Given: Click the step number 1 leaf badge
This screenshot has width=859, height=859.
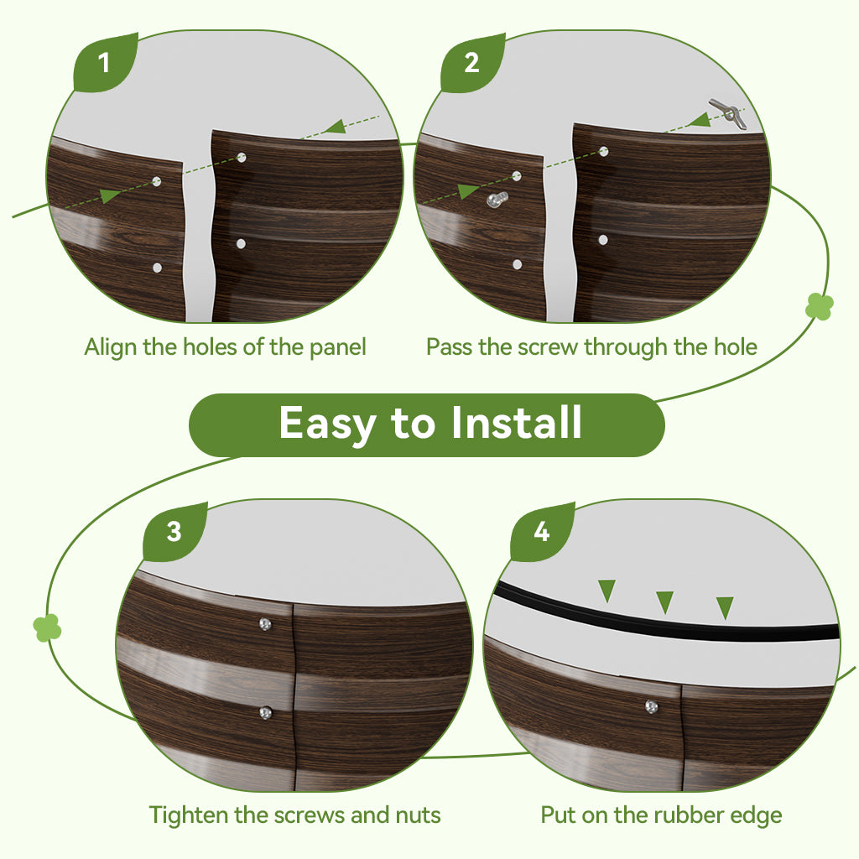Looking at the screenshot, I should [104, 62].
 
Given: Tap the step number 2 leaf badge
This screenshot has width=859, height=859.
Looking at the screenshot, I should [471, 62].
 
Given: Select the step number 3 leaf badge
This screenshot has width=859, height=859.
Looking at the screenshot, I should [174, 532].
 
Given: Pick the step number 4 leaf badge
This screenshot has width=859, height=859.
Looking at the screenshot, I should [541, 532].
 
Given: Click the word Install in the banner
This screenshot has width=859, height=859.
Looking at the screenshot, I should [516, 423].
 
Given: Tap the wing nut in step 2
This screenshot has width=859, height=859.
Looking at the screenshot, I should [726, 112].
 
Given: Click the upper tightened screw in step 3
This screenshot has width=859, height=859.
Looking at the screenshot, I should [265, 623].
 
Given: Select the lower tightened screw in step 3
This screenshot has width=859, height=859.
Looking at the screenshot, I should [265, 713].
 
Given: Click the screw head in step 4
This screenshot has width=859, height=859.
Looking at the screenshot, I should [651, 706].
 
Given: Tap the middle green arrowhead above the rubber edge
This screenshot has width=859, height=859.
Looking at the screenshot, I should [664, 601].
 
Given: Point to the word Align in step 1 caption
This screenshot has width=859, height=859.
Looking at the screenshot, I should [111, 346].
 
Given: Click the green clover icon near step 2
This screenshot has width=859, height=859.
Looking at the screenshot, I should [820, 306].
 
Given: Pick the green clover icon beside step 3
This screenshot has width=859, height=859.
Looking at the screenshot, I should [47, 627].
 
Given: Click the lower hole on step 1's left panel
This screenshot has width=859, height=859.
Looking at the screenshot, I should [157, 268].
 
